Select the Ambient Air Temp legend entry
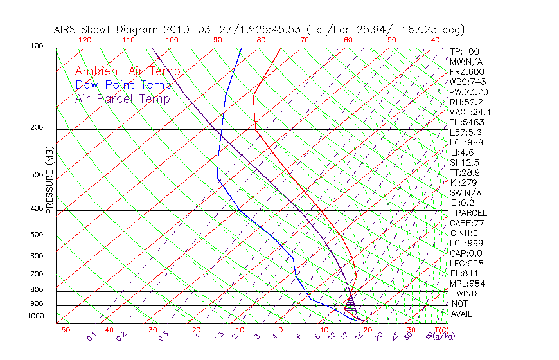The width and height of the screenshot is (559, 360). coord(127,71)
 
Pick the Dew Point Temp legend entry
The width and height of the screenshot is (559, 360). coord(123,85)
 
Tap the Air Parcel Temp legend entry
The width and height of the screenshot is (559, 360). coord(122,98)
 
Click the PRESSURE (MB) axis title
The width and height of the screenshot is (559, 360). coord(49,182)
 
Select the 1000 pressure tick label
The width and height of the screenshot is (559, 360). coord(36,316)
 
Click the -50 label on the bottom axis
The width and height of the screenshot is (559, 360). coord(62,330)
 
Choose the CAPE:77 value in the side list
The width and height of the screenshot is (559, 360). coord(467,223)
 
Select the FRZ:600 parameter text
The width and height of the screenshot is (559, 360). coord(467,71)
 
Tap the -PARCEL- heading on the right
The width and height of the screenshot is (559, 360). coord(471,213)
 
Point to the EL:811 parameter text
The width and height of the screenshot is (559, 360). coord(464,273)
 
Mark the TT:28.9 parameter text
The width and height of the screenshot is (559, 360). coord(465,172)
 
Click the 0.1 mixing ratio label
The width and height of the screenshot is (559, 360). coord(91,336)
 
